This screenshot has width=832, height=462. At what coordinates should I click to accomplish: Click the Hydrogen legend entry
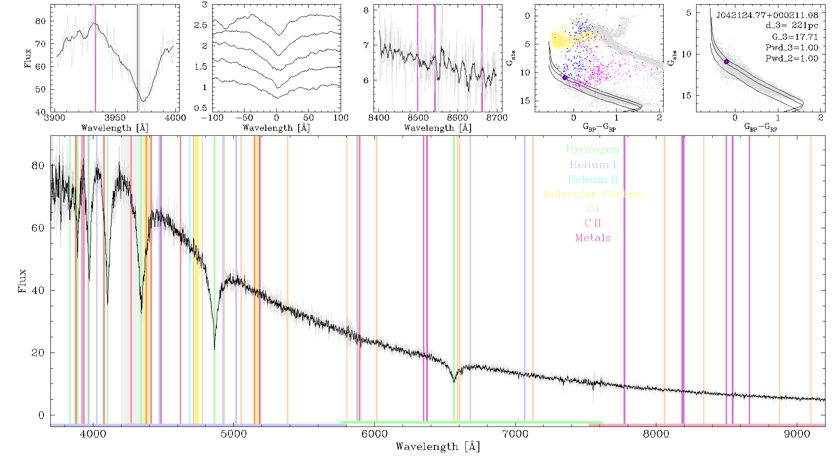pyautogui.click(x=593, y=150)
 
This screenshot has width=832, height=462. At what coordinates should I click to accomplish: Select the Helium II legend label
pyautogui.click(x=593, y=179)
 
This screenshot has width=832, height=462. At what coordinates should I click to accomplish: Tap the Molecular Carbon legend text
pyautogui.click(x=593, y=194)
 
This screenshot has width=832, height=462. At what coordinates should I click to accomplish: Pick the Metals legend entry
pyautogui.click(x=593, y=238)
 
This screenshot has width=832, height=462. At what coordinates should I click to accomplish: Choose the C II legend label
pyautogui.click(x=593, y=223)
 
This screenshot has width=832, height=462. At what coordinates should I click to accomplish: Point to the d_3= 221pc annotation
pyautogui.click(x=785, y=26)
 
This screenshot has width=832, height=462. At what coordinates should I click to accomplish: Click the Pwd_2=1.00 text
pyautogui.click(x=792, y=59)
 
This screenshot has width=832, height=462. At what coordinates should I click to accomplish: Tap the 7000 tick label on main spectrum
pyautogui.click(x=515, y=434)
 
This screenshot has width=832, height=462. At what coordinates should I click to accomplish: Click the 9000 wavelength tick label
pyautogui.click(x=797, y=434)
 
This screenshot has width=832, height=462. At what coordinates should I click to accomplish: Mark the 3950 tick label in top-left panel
pyautogui.click(x=115, y=118)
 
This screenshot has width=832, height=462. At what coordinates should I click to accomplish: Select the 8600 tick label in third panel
pyautogui.click(x=458, y=118)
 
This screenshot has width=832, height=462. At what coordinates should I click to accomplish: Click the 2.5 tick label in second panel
pyautogui.click(x=201, y=25)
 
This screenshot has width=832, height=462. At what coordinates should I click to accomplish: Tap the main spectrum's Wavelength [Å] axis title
pyautogui.click(x=438, y=447)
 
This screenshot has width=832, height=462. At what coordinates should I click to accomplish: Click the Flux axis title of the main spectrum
pyautogui.click(x=22, y=281)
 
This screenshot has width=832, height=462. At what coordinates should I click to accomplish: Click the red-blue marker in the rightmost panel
pyautogui.click(x=726, y=61)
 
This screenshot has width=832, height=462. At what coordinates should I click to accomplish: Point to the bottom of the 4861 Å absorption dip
pyautogui.click(x=214, y=349)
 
